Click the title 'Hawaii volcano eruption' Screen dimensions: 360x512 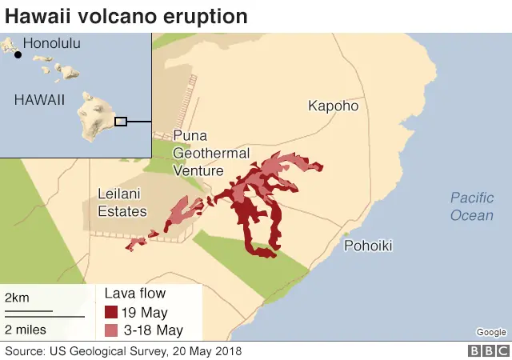click(x=126, y=16)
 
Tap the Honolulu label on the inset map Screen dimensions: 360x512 click(x=52, y=45)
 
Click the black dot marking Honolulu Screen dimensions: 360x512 click(x=18, y=54)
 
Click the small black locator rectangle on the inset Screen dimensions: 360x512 click(x=121, y=122)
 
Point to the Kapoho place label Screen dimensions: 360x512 click(x=334, y=106)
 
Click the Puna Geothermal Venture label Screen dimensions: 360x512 click(x=211, y=153)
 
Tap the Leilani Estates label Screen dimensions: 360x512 click(x=122, y=202)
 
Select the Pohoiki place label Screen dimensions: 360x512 click(x=368, y=246)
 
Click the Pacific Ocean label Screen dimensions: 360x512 click(x=471, y=206)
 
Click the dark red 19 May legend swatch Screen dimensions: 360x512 click(x=112, y=312)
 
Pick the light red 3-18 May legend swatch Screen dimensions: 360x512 click(x=112, y=330)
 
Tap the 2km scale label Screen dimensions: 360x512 click(x=17, y=298)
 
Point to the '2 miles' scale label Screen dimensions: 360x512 click(x=26, y=329)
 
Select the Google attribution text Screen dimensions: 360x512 click(x=490, y=332)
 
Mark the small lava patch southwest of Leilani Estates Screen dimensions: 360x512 click(x=135, y=243)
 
